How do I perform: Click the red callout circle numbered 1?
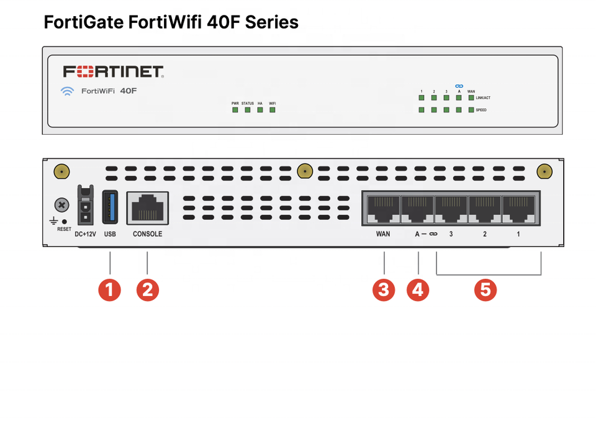pos(110,289)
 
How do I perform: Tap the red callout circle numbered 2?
pos(147,289)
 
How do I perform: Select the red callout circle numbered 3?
pos(384,289)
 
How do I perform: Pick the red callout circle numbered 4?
pos(418,289)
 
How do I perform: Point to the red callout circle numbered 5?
pos(485,289)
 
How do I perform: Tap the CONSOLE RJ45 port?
pos(147,208)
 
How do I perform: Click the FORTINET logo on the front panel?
pos(113,71)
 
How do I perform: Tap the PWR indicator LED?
pos(235,110)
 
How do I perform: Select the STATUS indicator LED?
pos(247,110)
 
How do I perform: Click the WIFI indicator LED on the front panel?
pos(272,110)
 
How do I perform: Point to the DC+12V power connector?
pos(85,205)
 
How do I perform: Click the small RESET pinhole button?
pos(65,222)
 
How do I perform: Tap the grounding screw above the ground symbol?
pos(61,205)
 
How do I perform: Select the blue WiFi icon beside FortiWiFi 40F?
pos(67,91)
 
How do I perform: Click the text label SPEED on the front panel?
pos(481,110)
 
